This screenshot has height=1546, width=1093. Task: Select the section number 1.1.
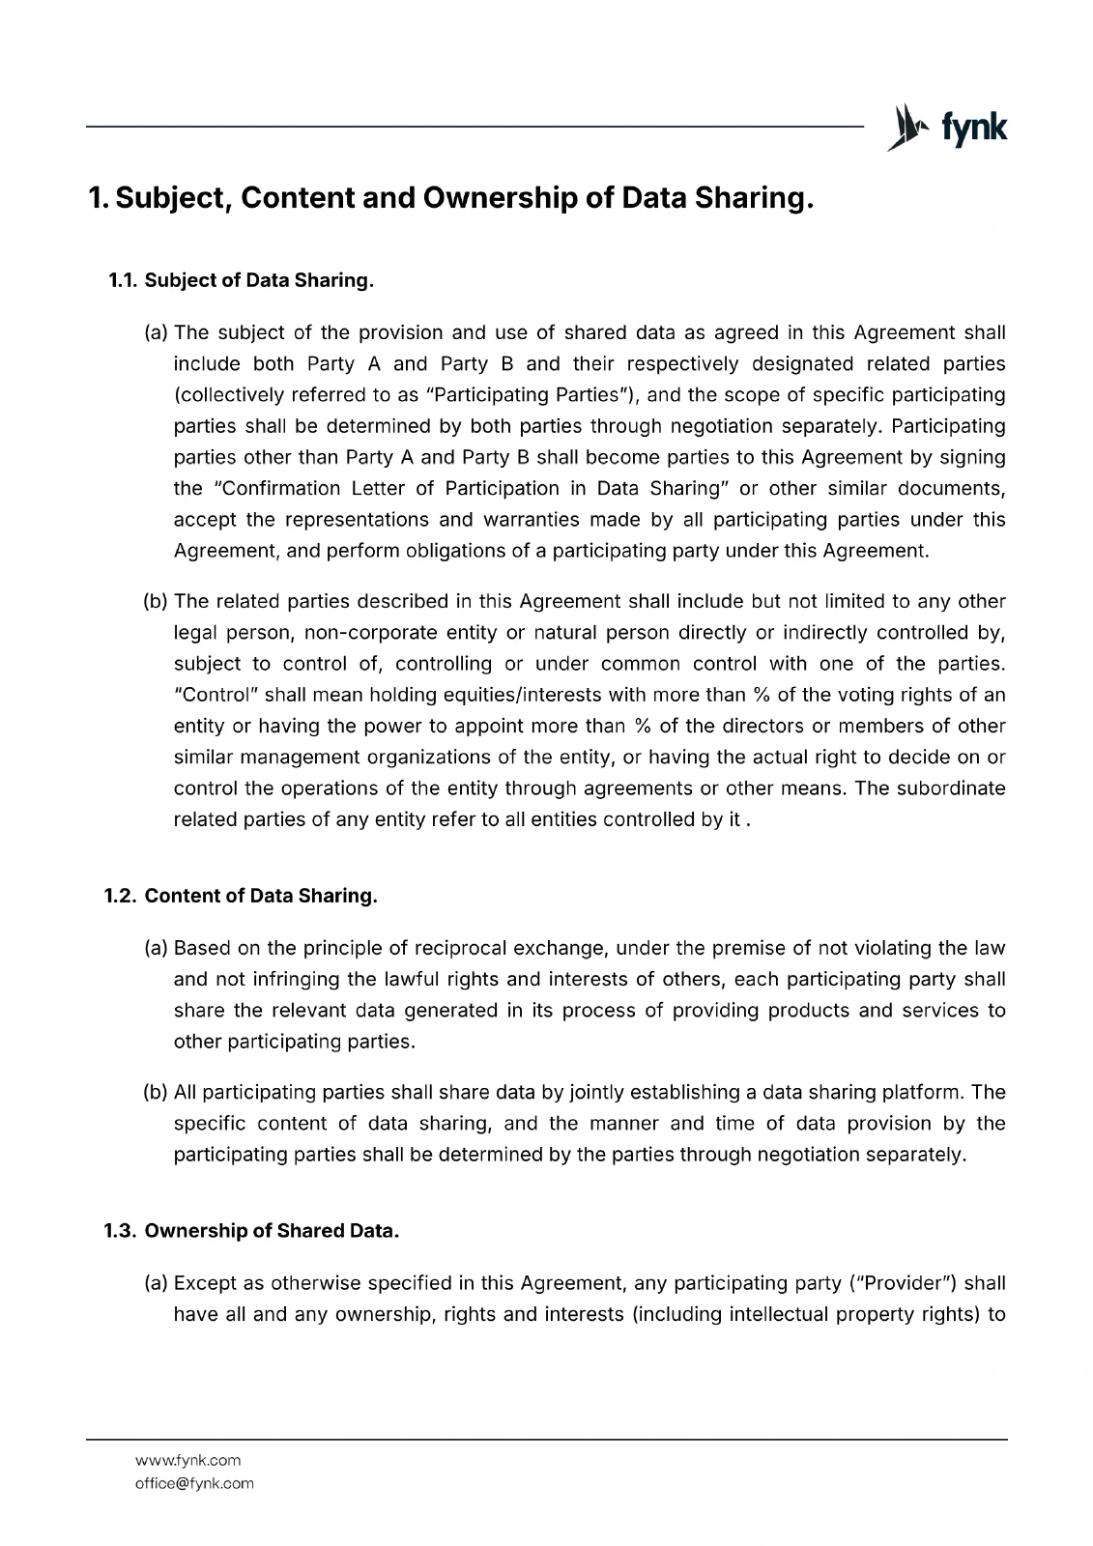pos(122,281)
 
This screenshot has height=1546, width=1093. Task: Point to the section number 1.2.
pos(122,896)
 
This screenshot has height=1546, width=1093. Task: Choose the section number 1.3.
pos(122,1231)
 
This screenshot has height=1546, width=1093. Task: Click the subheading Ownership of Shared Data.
pos(272,1231)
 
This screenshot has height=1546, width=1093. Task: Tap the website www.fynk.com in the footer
pos(187,1460)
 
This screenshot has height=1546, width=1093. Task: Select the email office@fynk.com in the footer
pos(194,1483)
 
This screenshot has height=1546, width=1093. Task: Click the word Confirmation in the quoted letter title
pos(282,488)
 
